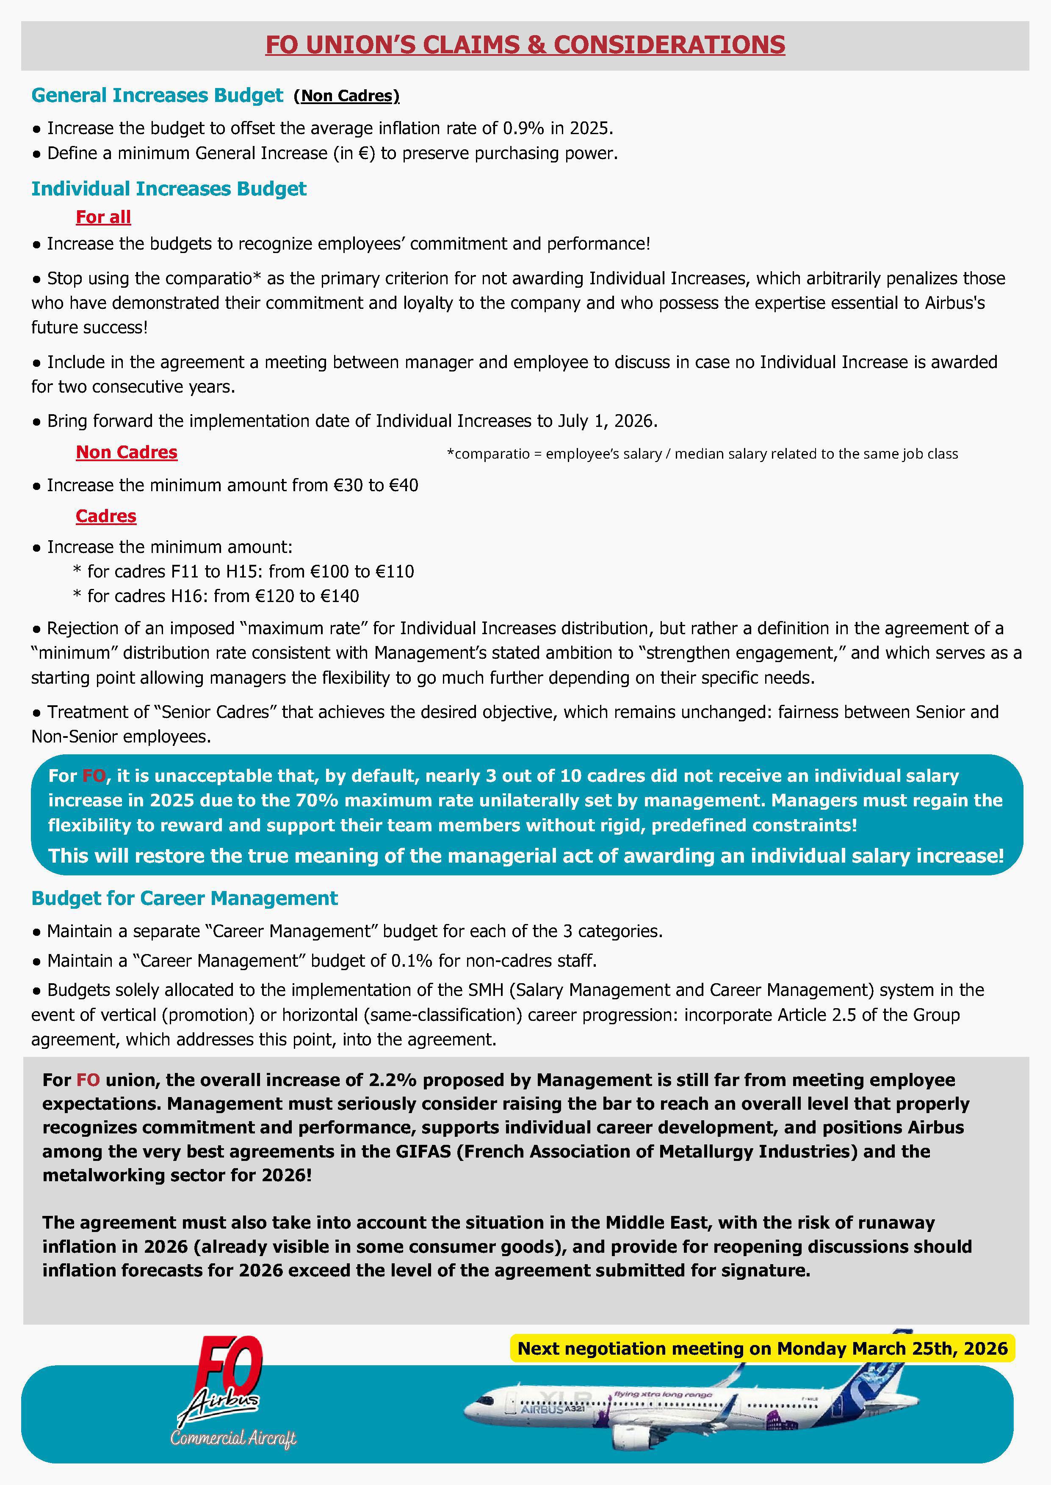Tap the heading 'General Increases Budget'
point(157,96)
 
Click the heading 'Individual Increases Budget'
point(169,189)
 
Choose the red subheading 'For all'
point(104,217)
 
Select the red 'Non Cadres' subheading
point(127,452)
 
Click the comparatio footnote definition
point(702,454)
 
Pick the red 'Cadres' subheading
point(106,516)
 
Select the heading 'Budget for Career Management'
point(185,898)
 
